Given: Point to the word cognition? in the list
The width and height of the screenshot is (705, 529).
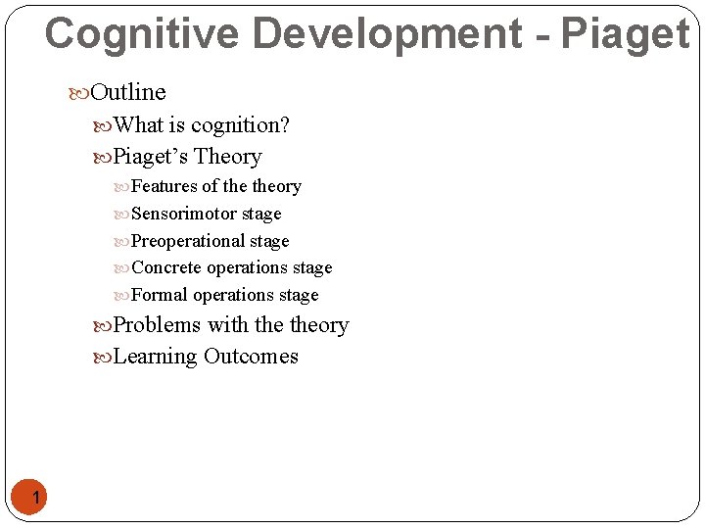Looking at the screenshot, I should point(240,125).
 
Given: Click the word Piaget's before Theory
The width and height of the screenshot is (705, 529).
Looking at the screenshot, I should point(151,157).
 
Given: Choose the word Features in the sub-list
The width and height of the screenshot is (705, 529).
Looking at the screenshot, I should point(164,186).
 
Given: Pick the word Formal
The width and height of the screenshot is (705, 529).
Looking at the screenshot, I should point(160,295).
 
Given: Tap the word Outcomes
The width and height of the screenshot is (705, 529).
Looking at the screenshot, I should point(251,357).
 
